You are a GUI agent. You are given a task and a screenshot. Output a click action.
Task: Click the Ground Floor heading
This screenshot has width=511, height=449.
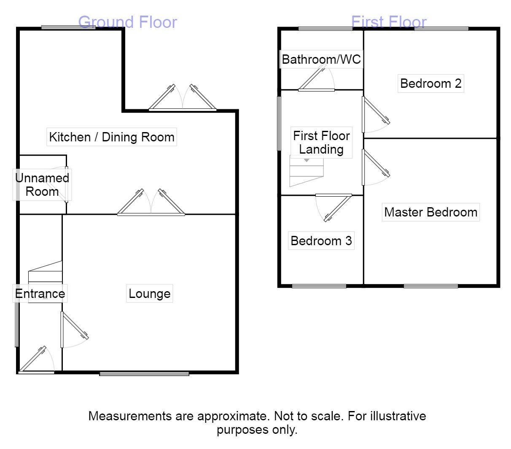128,22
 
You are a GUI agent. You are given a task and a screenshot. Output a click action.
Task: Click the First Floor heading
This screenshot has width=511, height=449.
389,22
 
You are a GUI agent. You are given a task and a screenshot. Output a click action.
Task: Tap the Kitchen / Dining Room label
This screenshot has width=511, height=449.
112,137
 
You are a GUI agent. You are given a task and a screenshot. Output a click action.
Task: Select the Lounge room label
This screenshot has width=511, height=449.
150,294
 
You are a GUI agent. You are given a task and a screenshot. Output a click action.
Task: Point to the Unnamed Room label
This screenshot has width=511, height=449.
42,185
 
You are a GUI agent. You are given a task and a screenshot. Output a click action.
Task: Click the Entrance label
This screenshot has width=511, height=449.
40,294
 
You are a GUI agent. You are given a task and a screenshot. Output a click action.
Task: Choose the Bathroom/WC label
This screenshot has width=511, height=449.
321,60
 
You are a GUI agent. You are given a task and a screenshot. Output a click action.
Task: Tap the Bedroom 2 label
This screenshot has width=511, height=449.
431,83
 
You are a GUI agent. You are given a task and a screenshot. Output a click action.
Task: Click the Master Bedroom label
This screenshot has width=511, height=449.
431,212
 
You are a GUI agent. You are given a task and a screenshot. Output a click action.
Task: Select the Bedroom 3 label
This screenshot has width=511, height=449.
321,241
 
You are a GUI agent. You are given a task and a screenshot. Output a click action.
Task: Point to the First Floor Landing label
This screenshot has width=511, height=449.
321,143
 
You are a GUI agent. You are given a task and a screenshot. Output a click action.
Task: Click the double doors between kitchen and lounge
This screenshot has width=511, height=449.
151,205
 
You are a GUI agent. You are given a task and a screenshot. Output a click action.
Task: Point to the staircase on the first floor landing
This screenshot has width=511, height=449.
306,170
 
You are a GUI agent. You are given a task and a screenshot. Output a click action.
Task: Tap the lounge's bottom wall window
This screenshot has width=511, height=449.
144,373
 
